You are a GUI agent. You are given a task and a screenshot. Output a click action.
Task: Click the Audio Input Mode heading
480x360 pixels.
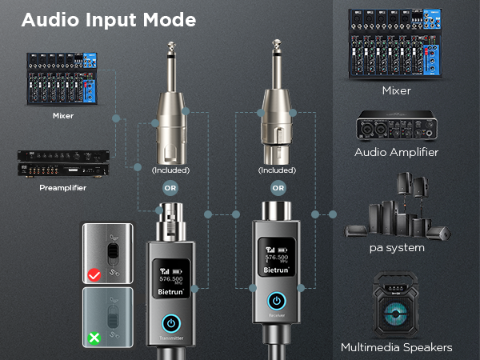(x=109, y=20)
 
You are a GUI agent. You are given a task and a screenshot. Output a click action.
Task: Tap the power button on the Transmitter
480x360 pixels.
(x=170, y=323)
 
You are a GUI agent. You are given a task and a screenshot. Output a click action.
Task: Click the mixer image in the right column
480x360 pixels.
(x=397, y=44)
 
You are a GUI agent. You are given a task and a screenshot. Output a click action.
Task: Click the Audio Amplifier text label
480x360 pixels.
(x=397, y=152)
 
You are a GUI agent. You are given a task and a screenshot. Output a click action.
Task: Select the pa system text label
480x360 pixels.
(x=397, y=248)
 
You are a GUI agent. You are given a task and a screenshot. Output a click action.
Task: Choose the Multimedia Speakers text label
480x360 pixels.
(x=397, y=347)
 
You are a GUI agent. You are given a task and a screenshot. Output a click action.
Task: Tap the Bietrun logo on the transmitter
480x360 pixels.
(x=170, y=293)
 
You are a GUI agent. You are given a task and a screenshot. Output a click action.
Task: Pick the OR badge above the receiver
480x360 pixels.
(x=278, y=190)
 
